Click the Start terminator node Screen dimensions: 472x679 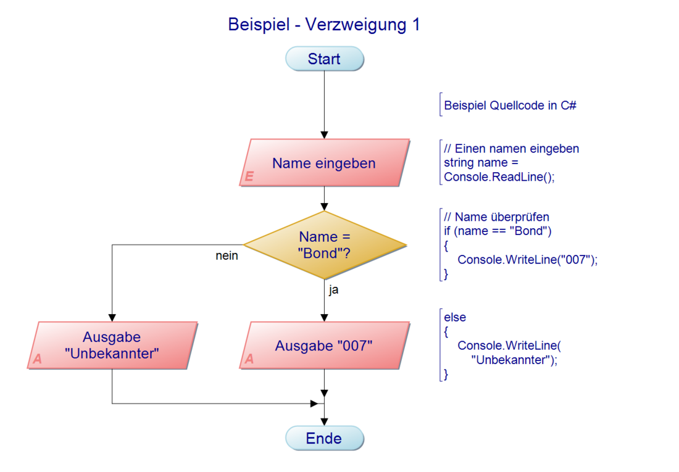324,59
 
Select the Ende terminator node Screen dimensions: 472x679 324,438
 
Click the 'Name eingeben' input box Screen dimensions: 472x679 324,163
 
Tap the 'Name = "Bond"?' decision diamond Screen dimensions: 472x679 324,245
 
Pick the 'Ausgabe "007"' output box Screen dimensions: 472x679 324,346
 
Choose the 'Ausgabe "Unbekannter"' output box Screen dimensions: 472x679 112,346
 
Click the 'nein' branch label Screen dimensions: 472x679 227,256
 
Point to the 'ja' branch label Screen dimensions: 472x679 333,289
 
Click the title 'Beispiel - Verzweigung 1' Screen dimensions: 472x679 324,25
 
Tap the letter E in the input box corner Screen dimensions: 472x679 249,177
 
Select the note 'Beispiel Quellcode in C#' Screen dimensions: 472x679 510,106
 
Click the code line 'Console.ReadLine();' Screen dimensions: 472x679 499,177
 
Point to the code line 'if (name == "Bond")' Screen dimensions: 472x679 498,231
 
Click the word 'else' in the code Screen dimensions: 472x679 455,318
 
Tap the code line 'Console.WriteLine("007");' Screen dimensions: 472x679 528,259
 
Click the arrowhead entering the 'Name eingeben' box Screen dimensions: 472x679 324,135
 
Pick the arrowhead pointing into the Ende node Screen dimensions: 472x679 324,421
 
